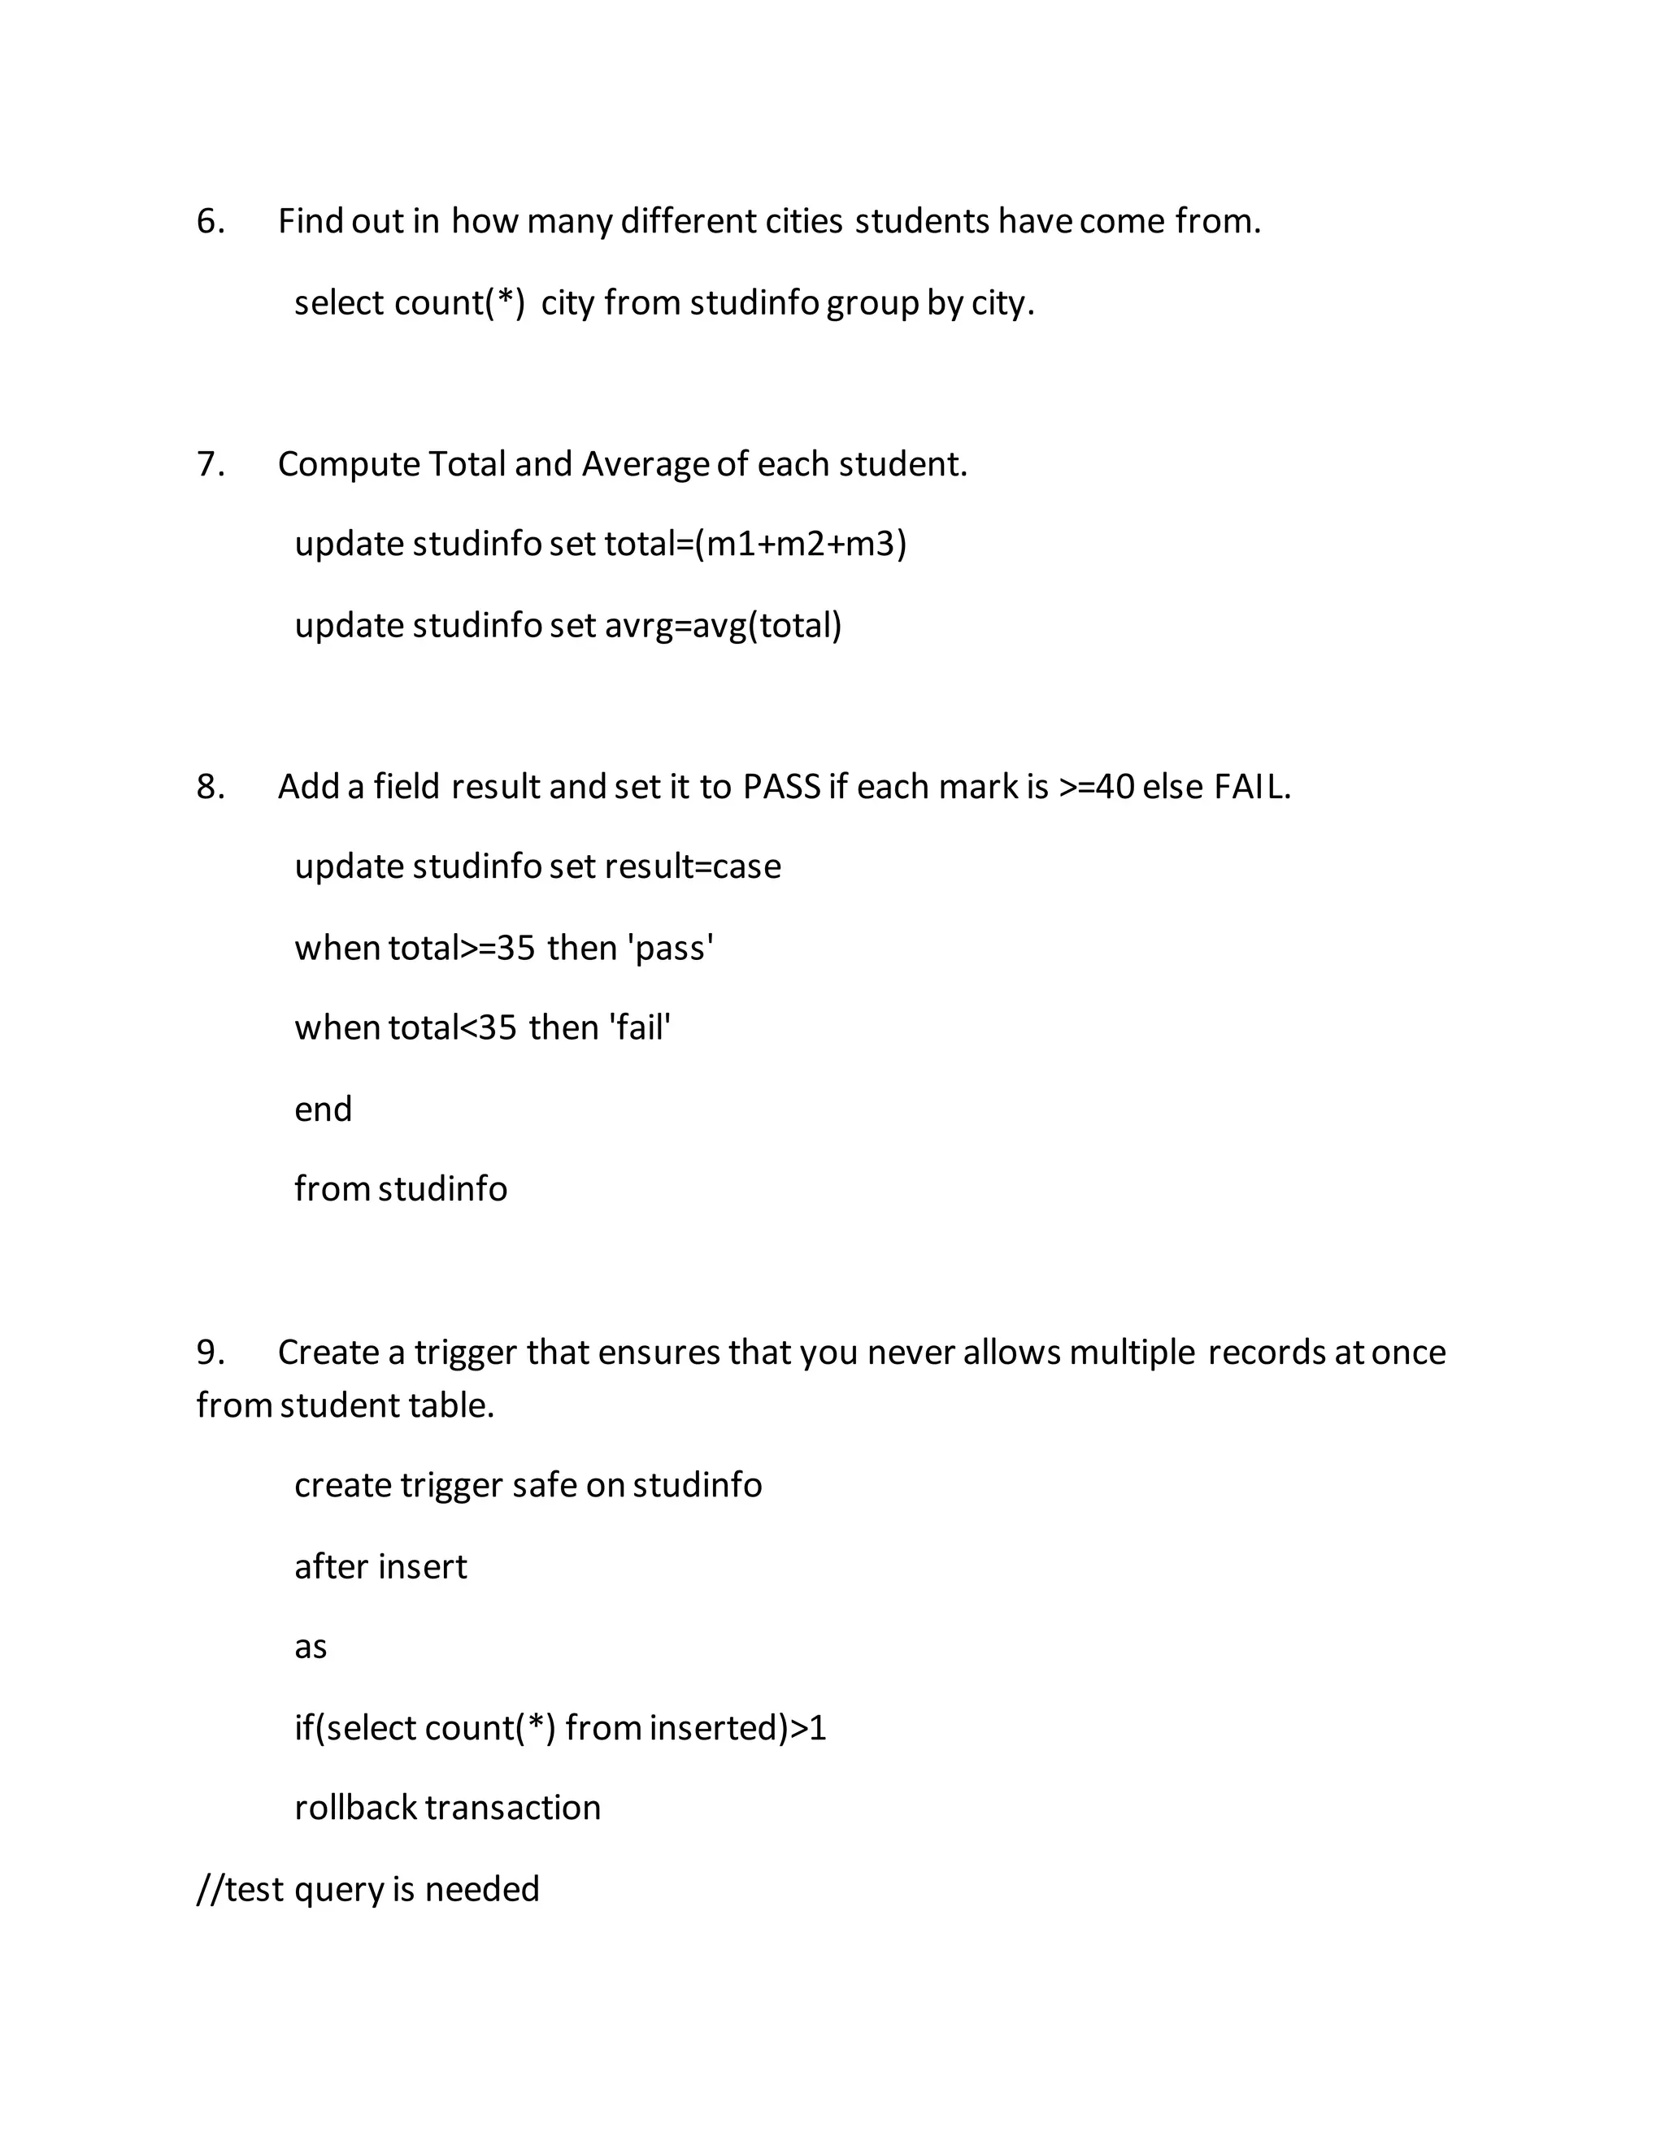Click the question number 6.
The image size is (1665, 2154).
coord(210,221)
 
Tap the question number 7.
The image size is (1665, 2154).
coord(210,463)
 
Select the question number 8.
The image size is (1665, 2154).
coord(210,786)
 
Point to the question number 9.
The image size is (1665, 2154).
coord(210,1353)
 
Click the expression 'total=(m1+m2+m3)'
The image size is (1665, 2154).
coord(754,544)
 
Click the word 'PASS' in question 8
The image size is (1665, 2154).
coord(781,786)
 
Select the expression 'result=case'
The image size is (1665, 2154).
coord(692,866)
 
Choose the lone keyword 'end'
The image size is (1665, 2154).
coord(323,1110)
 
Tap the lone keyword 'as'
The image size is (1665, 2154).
coord(310,1647)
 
